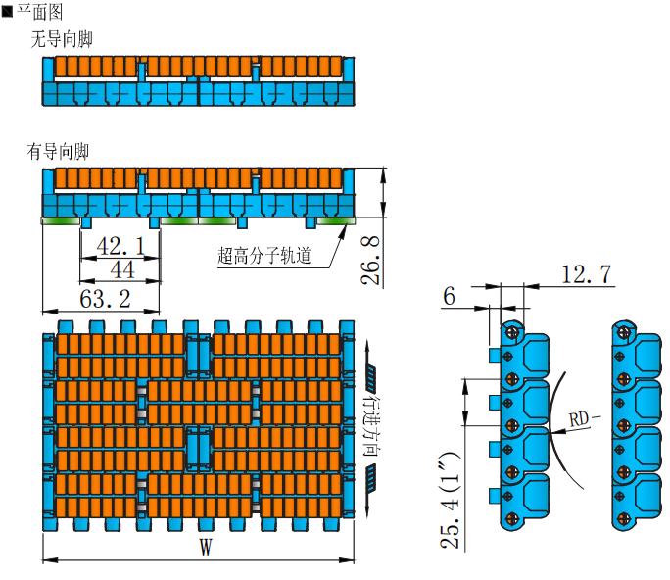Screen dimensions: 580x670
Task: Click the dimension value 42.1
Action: point(120,246)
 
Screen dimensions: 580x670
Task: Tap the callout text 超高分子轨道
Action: point(264,257)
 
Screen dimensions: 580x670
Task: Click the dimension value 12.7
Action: point(587,274)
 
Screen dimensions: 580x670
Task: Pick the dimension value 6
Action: point(450,297)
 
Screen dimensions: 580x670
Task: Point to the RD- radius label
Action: point(584,418)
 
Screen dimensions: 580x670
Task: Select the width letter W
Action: point(205,548)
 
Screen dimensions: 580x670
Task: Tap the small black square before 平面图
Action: point(7,11)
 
